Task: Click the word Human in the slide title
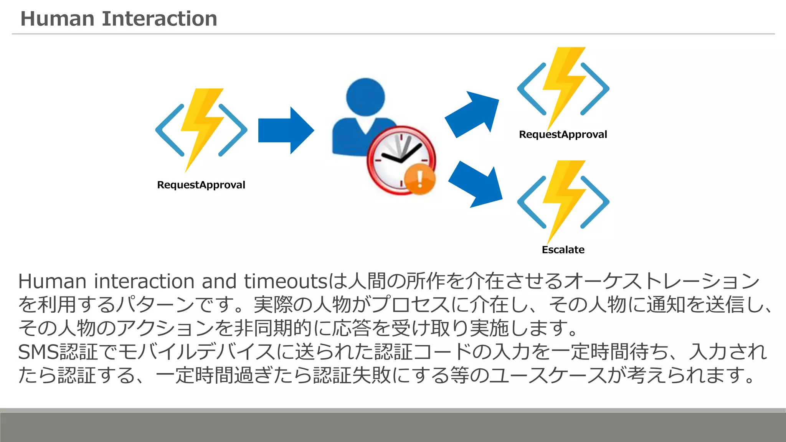pos(57,19)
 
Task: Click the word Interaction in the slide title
pos(159,19)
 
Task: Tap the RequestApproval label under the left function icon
pos(201,185)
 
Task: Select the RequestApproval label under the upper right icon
pos(563,135)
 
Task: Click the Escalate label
pos(563,250)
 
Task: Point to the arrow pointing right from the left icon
pos(286,130)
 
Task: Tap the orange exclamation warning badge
pos(420,179)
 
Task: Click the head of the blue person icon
pos(365,97)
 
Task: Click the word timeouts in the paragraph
pos(285,281)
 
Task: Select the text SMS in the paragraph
pos(38,352)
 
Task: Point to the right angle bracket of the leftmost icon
pos(233,130)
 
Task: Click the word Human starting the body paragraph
pos(52,281)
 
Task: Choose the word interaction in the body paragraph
pos(145,281)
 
